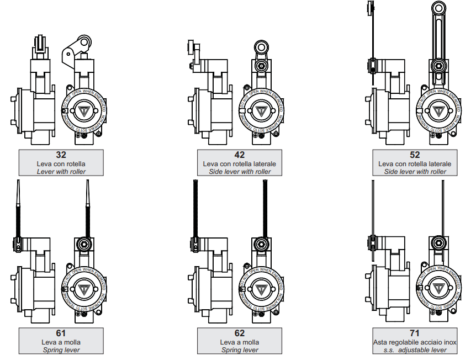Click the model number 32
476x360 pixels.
61,155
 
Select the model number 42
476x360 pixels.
240,155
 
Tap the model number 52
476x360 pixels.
415,155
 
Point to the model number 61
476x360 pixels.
61,333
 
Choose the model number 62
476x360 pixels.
240,333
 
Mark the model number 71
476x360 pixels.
415,333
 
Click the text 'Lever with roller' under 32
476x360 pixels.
61,172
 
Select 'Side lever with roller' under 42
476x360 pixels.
240,172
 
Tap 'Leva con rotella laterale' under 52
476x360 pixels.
415,164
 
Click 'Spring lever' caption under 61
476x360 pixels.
61,350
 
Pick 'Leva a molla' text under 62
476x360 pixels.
240,342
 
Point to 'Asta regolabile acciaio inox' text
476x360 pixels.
415,342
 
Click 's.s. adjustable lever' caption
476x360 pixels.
415,350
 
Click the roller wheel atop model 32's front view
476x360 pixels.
83,41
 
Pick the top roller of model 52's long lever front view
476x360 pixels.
439,8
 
